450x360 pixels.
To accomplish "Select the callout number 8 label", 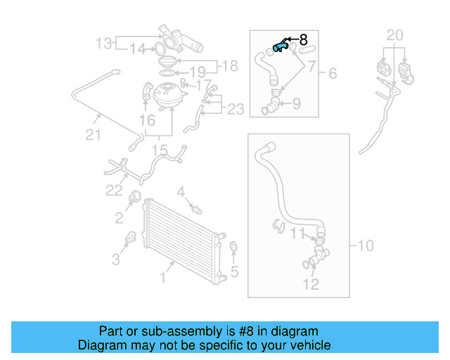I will [304, 40].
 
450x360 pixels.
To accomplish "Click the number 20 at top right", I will [395, 35].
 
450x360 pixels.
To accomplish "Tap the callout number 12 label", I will [310, 284].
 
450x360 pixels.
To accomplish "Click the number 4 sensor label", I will [181, 191].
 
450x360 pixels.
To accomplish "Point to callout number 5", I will [235, 271].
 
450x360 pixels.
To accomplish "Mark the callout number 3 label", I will [116, 260].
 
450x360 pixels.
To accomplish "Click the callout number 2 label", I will [119, 218].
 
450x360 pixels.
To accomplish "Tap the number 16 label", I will [147, 122].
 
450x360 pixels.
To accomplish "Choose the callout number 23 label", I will [236, 109].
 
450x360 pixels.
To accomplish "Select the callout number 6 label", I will [333, 73].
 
